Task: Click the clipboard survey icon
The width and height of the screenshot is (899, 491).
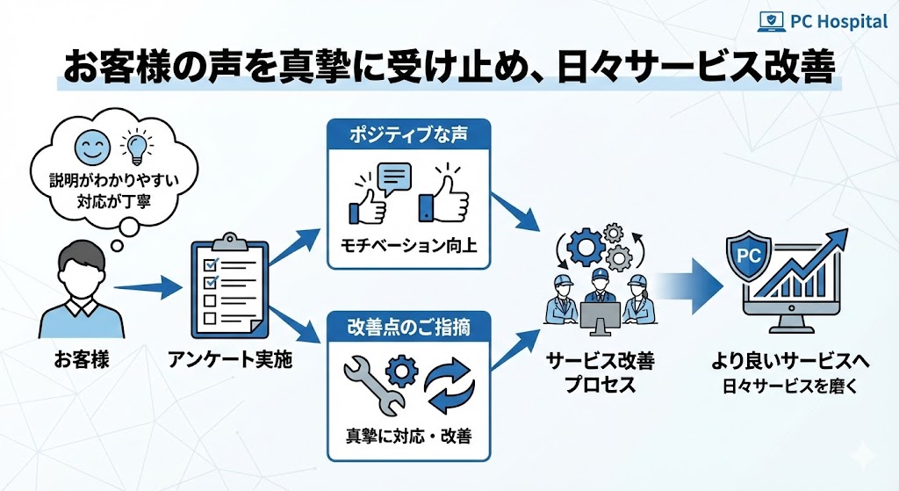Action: click(225, 285)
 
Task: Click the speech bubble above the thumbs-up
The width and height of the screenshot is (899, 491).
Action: click(393, 179)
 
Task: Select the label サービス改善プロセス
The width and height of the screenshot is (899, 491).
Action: click(601, 372)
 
